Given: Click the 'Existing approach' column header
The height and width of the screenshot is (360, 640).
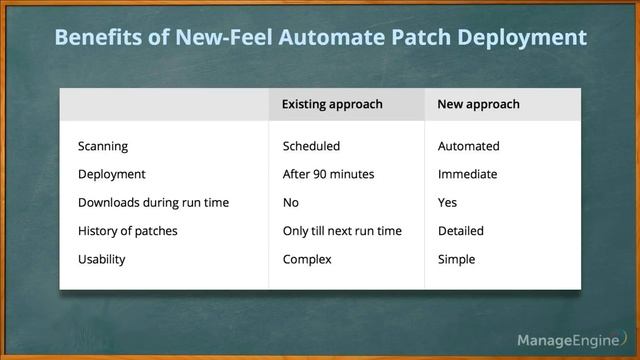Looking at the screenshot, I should [x=332, y=104].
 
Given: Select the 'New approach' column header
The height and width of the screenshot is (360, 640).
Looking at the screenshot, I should [x=479, y=104].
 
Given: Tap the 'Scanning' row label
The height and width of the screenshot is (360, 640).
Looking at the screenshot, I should [x=103, y=146].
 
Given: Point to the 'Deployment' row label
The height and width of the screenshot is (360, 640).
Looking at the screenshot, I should [x=112, y=174].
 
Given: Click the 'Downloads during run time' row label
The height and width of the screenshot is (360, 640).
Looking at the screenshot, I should [x=153, y=202].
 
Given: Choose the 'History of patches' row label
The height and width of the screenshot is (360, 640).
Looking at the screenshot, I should [x=127, y=231].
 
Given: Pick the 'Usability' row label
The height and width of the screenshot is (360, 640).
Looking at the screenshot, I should [x=102, y=259].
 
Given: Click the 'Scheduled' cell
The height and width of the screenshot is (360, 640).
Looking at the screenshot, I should [x=311, y=146].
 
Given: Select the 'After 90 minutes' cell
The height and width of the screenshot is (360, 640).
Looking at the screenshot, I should [x=328, y=174].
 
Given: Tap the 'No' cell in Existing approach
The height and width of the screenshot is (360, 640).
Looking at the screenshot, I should [x=291, y=202].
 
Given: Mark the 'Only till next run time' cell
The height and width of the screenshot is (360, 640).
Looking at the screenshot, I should [x=342, y=231].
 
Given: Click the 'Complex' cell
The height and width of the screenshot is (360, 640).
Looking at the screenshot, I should [x=307, y=259].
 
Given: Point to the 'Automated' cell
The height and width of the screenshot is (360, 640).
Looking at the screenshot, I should [x=468, y=146].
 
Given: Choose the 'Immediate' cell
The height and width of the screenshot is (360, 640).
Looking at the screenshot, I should [x=467, y=174].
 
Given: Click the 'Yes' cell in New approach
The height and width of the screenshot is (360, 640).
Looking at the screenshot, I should [x=447, y=202].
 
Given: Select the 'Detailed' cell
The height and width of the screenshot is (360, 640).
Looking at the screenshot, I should [x=460, y=231].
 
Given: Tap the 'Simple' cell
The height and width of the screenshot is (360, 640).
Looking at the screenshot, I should [x=456, y=259].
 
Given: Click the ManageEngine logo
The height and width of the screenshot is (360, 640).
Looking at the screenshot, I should [x=566, y=341].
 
